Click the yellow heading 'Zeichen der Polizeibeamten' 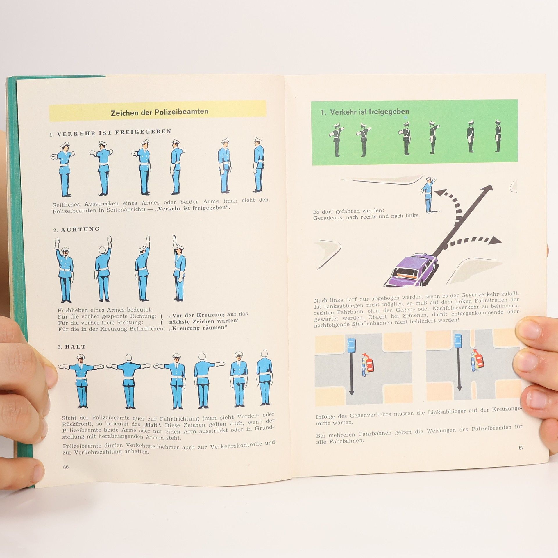tap(160, 112)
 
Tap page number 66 tap(66, 467)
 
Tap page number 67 tap(521, 448)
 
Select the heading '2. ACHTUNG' tap(76, 229)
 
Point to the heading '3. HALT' tap(71, 347)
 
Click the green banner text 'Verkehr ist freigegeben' tap(369, 112)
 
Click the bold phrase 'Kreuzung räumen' tap(198, 328)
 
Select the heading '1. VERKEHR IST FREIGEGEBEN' tap(110, 133)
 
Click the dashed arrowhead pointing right tap(496, 240)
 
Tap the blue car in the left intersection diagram tap(351, 346)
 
